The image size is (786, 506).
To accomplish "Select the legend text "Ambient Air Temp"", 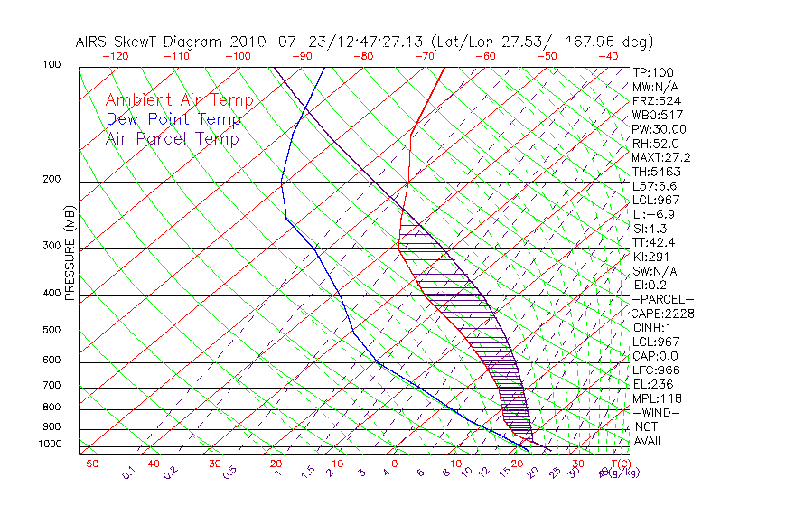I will (x=179, y=101).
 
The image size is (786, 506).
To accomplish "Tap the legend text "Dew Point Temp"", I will (x=173, y=120).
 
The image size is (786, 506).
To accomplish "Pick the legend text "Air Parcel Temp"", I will (x=173, y=139).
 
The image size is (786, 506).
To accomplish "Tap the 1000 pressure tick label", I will (x=50, y=445).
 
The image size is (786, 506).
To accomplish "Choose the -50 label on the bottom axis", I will (x=88, y=464).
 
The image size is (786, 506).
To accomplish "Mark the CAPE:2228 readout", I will (x=662, y=314).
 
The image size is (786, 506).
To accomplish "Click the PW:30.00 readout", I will (x=659, y=129).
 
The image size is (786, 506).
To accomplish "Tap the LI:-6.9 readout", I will (x=653, y=214).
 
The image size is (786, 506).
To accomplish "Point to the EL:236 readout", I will (x=653, y=384).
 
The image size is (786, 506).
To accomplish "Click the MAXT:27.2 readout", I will (x=661, y=158).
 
